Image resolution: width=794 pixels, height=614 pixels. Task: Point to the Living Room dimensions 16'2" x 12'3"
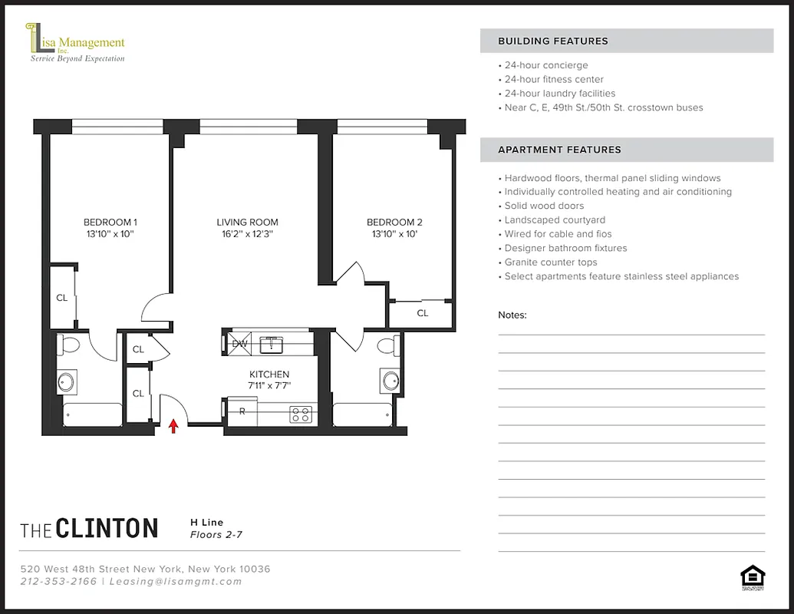click(x=247, y=234)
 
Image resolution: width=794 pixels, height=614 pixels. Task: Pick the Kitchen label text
click(x=269, y=375)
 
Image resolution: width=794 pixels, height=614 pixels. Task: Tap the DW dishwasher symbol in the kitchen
click(x=240, y=344)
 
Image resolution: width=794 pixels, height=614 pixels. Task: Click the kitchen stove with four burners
click(x=301, y=414)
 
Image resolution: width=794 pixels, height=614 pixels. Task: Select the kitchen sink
click(x=272, y=344)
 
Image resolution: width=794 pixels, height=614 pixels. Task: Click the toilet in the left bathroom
click(x=68, y=345)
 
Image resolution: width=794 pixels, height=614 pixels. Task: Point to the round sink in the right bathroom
click(x=391, y=380)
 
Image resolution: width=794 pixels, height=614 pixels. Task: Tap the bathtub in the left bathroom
click(x=92, y=414)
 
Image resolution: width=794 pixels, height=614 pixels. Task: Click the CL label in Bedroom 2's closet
click(x=422, y=313)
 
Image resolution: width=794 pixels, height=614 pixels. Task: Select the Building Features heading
click(x=552, y=41)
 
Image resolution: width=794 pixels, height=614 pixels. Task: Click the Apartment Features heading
click(x=559, y=150)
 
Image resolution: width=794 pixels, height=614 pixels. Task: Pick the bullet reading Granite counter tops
click(x=550, y=262)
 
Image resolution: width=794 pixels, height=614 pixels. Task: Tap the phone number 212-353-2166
click(x=59, y=581)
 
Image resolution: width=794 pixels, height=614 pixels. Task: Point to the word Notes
click(x=512, y=315)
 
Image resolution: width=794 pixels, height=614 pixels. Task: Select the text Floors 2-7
click(x=216, y=535)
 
